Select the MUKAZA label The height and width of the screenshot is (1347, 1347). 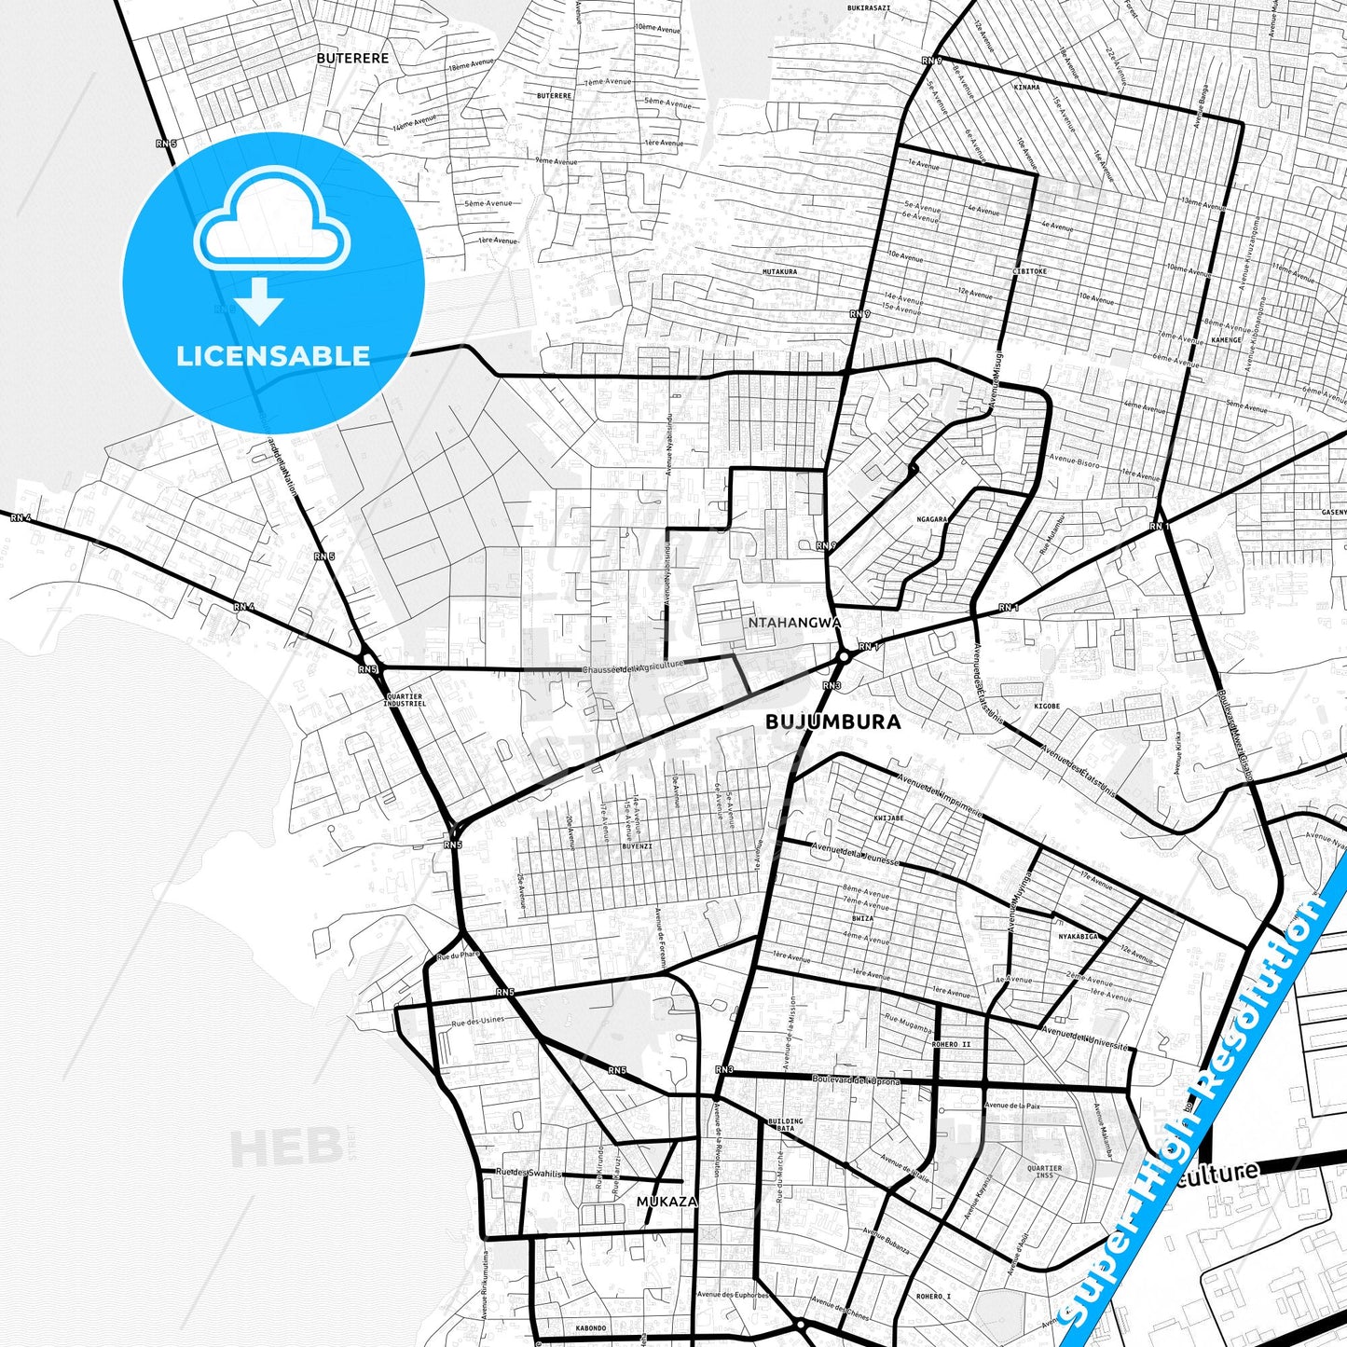(667, 1202)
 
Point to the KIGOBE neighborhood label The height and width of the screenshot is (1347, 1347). (1047, 706)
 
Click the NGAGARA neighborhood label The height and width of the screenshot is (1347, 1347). (931, 519)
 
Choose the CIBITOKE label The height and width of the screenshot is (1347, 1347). (1029, 271)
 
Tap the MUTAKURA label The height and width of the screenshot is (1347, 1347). (779, 271)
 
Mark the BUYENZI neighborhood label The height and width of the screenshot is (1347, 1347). (637, 846)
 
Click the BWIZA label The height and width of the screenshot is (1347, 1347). (862, 918)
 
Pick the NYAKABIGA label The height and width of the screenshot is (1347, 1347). (1079, 936)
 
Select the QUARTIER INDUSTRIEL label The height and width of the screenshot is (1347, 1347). (405, 700)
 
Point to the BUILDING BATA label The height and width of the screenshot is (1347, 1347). (785, 1124)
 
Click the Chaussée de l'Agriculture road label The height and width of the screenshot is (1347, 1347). (633, 667)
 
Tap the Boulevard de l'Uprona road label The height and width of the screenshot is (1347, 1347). (856, 1080)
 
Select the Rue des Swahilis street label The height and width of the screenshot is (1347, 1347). (529, 1173)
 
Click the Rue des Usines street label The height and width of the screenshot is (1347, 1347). (478, 1023)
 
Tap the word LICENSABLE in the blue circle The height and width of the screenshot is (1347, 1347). (273, 355)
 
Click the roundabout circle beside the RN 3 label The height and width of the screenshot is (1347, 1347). (843, 656)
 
